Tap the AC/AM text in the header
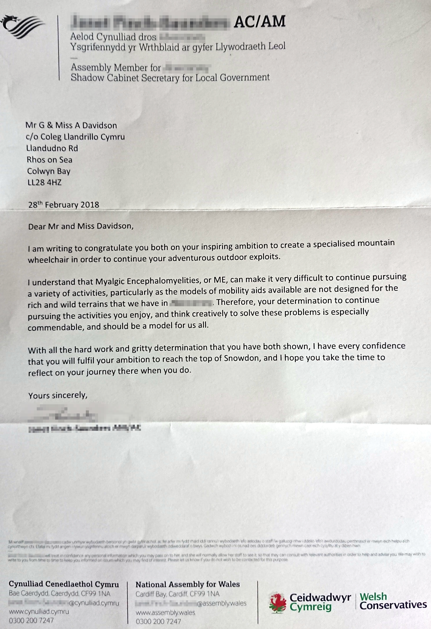click(260, 22)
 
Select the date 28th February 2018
click(64, 205)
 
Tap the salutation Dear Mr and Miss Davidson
click(81, 226)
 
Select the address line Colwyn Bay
click(49, 171)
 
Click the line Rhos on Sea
click(50, 160)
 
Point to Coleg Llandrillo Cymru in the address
click(83, 137)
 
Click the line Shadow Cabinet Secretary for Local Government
click(170, 78)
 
